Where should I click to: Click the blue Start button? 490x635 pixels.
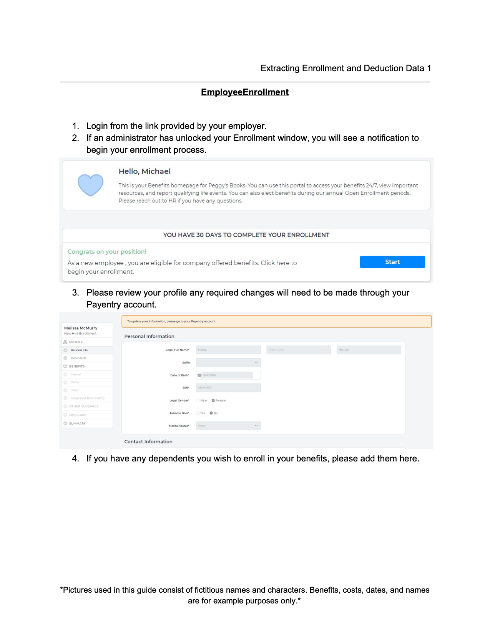tap(392, 262)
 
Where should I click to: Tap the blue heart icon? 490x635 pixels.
tap(91, 185)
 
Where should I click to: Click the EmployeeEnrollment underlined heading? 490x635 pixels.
tap(245, 92)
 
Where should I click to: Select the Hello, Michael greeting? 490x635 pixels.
tap(145, 171)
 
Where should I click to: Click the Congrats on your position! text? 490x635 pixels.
tap(107, 252)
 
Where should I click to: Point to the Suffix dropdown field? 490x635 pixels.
tap(228, 363)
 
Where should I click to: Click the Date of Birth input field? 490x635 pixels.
tap(228, 375)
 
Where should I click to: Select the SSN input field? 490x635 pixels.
tap(228, 388)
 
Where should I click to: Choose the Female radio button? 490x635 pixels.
tap(213, 401)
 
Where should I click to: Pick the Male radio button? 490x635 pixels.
tap(198, 401)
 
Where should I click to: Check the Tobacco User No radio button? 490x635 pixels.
tap(211, 413)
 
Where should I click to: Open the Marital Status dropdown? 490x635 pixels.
tap(228, 426)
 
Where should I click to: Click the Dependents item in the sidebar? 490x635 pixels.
tap(79, 358)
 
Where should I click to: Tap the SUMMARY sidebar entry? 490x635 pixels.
tap(77, 424)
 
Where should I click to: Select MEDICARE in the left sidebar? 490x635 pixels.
tap(78, 415)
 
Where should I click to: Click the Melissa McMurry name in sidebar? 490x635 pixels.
tap(81, 328)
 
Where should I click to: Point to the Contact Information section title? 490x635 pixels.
tap(148, 442)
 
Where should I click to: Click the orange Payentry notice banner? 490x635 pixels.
tap(276, 321)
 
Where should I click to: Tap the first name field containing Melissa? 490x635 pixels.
tap(228, 350)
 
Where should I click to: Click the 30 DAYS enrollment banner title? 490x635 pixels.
tap(246, 235)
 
